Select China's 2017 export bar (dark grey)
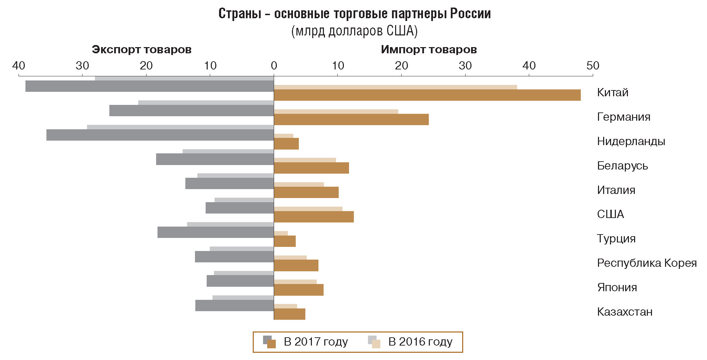[x=150, y=86]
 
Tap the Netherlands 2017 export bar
[x=160, y=135]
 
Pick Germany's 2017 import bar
[x=351, y=120]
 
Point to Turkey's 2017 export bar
[x=216, y=232]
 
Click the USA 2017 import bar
[x=314, y=217]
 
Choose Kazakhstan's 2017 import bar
[x=290, y=314]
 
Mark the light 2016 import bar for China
[x=395, y=87]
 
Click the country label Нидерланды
[x=631, y=141]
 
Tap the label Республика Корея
[x=646, y=263]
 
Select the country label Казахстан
[x=624, y=312]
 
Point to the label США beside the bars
[x=610, y=214]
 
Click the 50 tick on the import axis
[x=593, y=66]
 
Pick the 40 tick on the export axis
[x=19, y=66]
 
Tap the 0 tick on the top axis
[x=274, y=66]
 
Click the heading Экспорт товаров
[x=141, y=50]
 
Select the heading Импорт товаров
[x=429, y=50]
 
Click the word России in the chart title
[x=470, y=14]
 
